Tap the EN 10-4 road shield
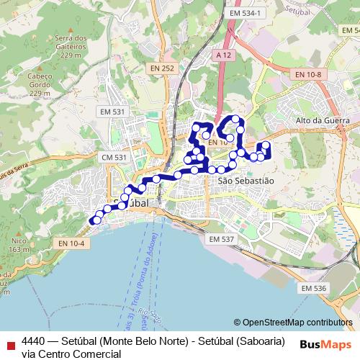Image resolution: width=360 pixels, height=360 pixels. coord(72,243)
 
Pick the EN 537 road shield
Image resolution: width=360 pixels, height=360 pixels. coord(221,238)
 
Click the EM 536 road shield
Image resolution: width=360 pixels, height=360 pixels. coord(314,288)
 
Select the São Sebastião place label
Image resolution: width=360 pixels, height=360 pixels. coord(246,181)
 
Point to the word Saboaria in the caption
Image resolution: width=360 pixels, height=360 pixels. coord(261,341)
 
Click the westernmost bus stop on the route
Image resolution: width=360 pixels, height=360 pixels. coord(92,220)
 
